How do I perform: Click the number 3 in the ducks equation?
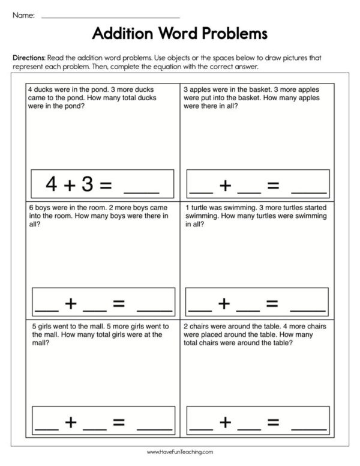tap(88, 184)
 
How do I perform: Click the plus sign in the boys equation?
tap(71, 304)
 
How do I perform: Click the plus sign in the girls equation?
tap(71, 422)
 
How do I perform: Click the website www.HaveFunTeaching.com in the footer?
tap(180, 452)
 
